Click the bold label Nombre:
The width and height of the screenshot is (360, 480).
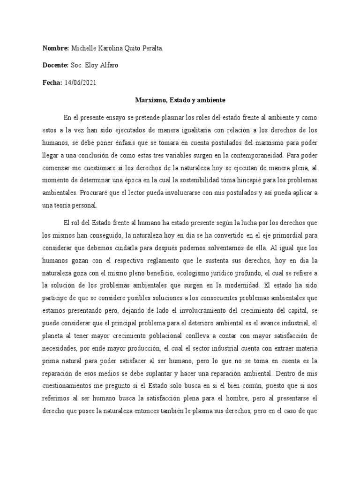coord(56,48)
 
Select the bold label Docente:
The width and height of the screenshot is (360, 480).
coord(56,65)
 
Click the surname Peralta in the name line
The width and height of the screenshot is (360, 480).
coord(151,48)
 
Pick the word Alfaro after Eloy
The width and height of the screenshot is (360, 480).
coord(108,65)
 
